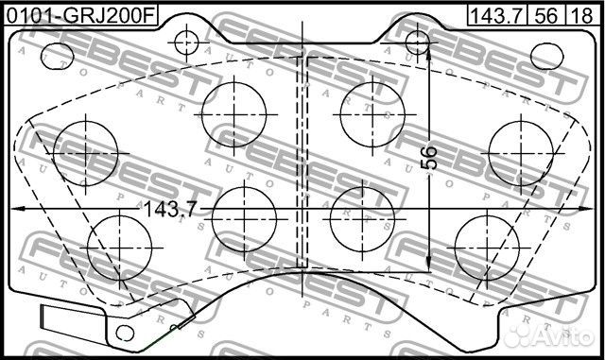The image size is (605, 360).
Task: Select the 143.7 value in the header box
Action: (494, 14)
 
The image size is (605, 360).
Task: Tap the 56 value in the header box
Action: (544, 14)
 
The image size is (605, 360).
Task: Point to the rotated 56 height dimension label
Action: (428, 157)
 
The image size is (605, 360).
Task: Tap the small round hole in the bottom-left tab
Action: (120, 333)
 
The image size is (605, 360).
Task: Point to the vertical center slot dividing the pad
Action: (302, 161)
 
